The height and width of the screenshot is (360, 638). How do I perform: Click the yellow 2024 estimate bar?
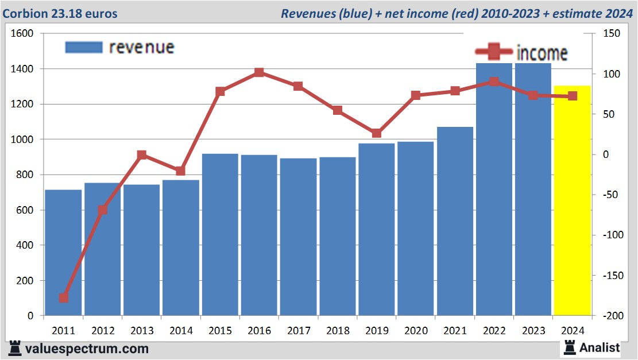pyautogui.click(x=572, y=200)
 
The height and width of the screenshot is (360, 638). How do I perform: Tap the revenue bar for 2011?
pyautogui.click(x=63, y=253)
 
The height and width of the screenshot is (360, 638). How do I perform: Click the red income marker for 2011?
pyautogui.click(x=64, y=298)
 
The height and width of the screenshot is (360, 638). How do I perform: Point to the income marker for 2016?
pyautogui.click(x=259, y=73)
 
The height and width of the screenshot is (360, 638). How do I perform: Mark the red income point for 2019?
pyautogui.click(x=376, y=133)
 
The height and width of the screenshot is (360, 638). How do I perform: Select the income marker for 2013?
pyautogui.click(x=142, y=155)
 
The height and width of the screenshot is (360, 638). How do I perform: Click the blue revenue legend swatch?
pyautogui.click(x=84, y=47)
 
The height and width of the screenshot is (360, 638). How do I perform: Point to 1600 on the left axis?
pyautogui.click(x=23, y=34)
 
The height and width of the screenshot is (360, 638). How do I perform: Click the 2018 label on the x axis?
pyautogui.click(x=337, y=331)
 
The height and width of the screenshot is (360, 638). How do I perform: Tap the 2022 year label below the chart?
pyautogui.click(x=494, y=331)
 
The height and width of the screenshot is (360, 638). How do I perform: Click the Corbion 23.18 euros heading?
pyautogui.click(x=60, y=13)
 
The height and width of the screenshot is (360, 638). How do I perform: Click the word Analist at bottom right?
pyautogui.click(x=600, y=347)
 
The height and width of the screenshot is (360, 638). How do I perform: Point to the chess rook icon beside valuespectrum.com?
pyautogui.click(x=16, y=349)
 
